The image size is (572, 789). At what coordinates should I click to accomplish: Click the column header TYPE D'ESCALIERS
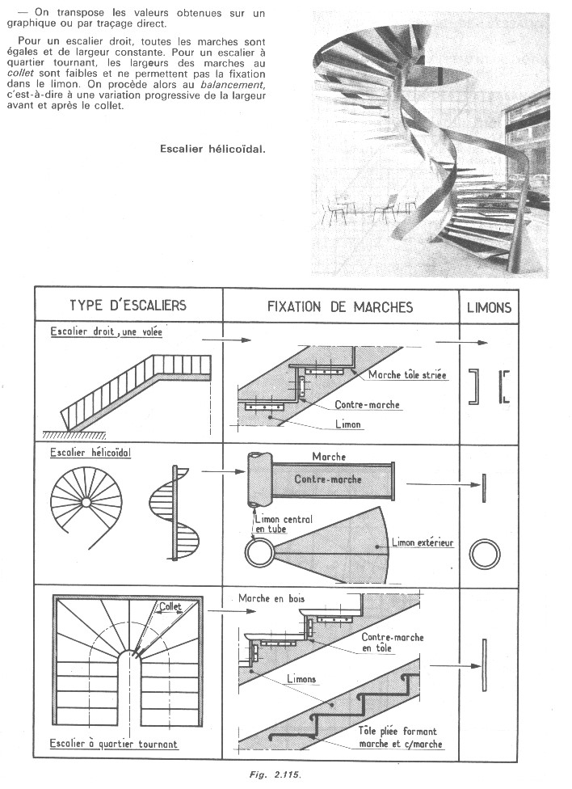tap(128, 306)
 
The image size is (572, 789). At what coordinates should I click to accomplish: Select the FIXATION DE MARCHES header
tap(340, 307)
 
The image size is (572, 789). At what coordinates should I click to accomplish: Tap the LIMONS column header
tap(489, 308)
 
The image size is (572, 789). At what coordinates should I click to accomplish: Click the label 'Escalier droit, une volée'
tap(106, 331)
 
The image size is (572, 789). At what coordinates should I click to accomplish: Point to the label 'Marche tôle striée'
tap(407, 375)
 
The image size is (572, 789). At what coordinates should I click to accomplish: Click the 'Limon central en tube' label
tap(283, 524)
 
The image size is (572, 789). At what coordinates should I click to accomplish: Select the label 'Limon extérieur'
tap(423, 542)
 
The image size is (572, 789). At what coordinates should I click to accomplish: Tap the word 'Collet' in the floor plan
tap(170, 605)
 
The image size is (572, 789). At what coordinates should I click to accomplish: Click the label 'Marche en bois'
tap(271, 599)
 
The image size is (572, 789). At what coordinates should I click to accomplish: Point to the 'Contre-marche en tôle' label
tap(393, 643)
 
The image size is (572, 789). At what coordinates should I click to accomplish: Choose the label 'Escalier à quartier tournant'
tap(114, 743)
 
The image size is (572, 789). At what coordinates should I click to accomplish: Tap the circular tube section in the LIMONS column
tap(486, 556)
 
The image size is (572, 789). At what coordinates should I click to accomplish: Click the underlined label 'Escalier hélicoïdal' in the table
tap(90, 453)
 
